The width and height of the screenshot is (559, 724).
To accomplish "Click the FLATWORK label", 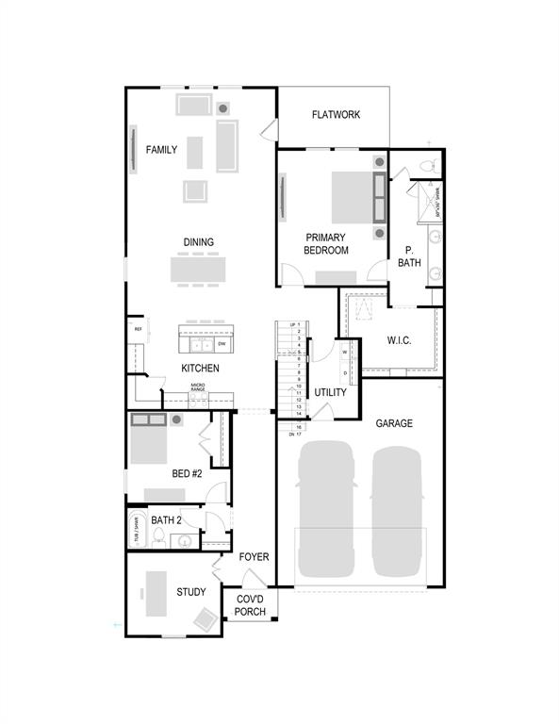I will pos(337,115).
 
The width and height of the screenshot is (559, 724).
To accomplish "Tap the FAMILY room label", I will pos(161,150).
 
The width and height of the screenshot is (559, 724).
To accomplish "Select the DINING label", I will pos(198,242).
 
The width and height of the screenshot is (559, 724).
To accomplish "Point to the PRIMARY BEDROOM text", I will pos(326,244).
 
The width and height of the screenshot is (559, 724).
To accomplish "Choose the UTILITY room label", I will pos(331,392).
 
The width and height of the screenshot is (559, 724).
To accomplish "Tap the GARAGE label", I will pos(394,423).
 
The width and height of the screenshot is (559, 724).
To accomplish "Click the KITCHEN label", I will pos(201,369).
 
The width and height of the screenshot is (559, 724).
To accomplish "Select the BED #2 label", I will pos(187,474).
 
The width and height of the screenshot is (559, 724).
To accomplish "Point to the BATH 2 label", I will pos(166,519).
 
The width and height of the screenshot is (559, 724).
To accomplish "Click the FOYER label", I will pos(254,557).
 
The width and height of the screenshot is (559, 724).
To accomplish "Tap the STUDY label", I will pos(191,592).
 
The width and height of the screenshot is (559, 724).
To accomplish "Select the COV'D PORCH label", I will pos(251,606).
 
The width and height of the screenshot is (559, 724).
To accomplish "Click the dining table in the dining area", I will pos(198,270).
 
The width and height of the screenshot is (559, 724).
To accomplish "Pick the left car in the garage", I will pos(327,510).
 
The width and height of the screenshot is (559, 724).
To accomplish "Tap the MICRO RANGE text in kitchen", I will pos(198,387).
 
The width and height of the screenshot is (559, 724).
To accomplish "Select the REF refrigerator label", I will pos(138,329).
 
